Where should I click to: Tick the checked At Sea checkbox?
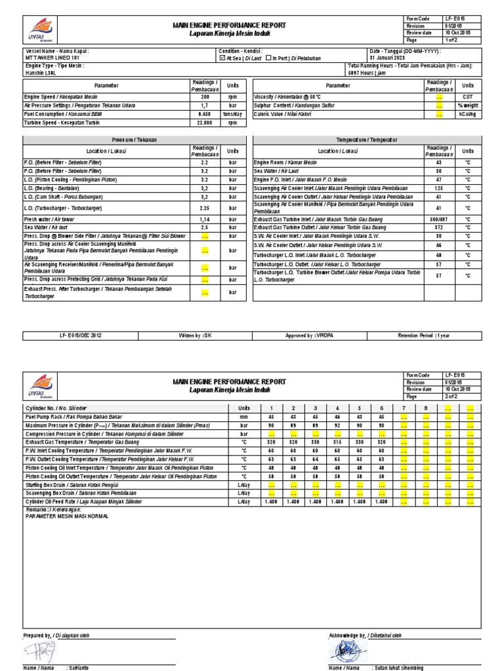pyautogui.click(x=222, y=58)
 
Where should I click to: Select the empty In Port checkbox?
pyautogui.click(x=268, y=58)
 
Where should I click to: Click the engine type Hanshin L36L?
pyautogui.click(x=41, y=73)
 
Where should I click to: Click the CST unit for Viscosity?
pyautogui.click(x=467, y=96)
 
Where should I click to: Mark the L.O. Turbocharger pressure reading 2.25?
pyautogui.click(x=204, y=208)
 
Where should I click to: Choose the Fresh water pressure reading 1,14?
pyautogui.click(x=204, y=219)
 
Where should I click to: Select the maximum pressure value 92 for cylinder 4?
pyautogui.click(x=337, y=425)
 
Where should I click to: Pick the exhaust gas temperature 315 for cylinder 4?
pyautogui.click(x=337, y=442)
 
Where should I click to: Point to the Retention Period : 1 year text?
pyautogui.click(x=424, y=335)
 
